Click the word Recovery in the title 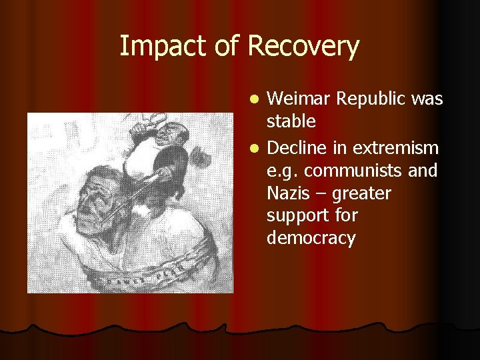303,47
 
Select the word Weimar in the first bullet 299,99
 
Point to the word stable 291,122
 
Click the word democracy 311,239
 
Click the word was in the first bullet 427,99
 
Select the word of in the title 227,47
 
